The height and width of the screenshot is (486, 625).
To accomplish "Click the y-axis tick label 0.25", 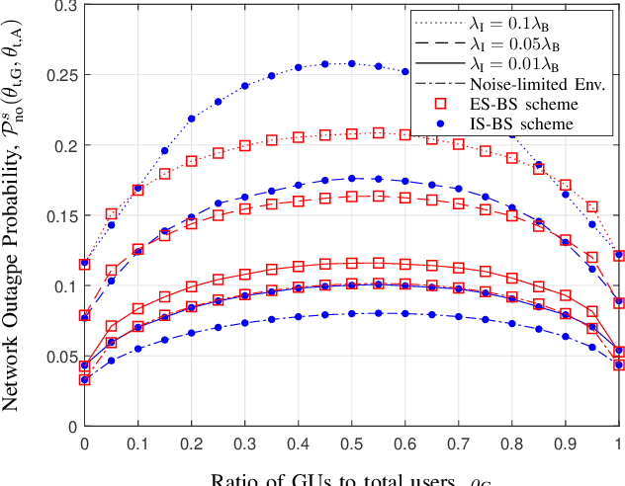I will tap(61, 75).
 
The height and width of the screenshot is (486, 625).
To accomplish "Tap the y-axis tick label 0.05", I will tap(61, 356).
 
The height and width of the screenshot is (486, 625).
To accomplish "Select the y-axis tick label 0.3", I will tap(65, 6).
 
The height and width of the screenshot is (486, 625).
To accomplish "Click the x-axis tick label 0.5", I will tap(351, 445).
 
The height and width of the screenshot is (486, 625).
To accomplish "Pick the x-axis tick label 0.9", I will tap(565, 445).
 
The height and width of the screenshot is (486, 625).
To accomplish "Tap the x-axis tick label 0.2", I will tap(191, 445).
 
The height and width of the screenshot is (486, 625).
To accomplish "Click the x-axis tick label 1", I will tap(618, 445).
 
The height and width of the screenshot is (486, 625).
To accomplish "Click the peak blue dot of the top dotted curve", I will tap(351, 63).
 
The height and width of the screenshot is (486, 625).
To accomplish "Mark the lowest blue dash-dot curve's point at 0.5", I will tap(351, 313).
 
